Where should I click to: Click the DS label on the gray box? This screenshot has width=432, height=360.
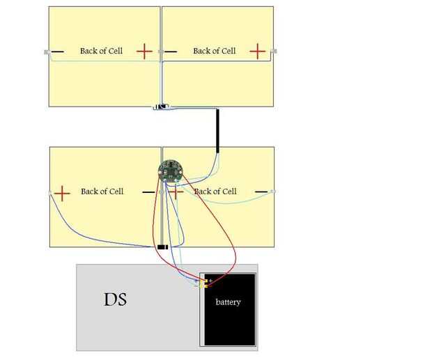click(115, 299)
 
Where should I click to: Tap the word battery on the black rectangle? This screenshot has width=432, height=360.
click(228, 302)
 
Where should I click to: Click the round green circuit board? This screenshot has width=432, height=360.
click(169, 171)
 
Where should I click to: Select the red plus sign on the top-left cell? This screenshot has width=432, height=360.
click(144, 51)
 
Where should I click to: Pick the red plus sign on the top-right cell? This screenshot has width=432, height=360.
click(257, 51)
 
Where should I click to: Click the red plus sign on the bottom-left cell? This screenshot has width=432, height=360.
click(63, 193)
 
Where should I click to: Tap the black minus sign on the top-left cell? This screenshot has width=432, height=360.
click(57, 52)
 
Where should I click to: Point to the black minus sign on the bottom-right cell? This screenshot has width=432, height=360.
click(261, 191)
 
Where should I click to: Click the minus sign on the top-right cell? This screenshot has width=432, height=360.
click(171, 52)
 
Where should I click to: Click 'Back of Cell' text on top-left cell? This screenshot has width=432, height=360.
click(101, 51)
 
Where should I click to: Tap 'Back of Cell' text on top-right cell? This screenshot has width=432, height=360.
click(215, 51)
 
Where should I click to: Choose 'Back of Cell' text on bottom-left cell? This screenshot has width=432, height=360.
click(102, 191)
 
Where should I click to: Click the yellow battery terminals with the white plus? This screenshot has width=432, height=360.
click(204, 283)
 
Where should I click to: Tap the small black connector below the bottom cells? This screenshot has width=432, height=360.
click(162, 247)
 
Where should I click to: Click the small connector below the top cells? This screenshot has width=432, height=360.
click(160, 107)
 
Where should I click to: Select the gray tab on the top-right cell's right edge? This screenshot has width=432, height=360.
click(274, 51)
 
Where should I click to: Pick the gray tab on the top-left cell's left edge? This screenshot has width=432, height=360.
click(47, 52)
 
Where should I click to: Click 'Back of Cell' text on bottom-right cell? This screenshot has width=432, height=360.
click(215, 191)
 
